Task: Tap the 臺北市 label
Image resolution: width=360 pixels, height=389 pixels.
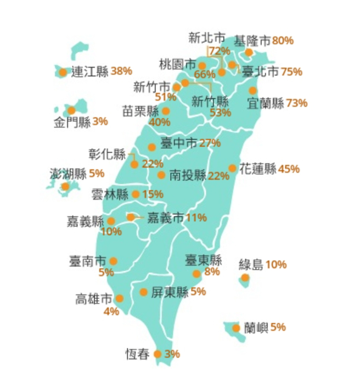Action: point(260,71)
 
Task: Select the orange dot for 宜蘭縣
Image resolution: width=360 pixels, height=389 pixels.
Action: point(252,91)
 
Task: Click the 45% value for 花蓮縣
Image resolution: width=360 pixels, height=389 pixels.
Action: point(289,169)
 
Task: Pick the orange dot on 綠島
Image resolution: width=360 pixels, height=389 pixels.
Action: point(245,277)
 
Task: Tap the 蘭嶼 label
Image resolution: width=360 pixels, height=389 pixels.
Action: point(256,328)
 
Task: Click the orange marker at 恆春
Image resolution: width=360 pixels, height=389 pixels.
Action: point(158,354)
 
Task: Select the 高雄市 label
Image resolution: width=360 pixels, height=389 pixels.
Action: point(94,299)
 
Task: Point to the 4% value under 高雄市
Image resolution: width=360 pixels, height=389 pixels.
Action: point(111,312)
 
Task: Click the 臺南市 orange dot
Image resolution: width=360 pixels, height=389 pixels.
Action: point(114,261)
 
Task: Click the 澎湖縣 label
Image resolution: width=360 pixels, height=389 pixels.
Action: point(68,174)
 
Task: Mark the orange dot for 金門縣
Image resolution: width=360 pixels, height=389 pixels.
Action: point(71,110)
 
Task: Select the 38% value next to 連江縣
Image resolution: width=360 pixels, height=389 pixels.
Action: point(121,71)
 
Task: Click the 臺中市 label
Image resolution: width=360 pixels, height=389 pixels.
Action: point(178,143)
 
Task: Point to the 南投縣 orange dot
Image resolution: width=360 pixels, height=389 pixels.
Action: point(161,175)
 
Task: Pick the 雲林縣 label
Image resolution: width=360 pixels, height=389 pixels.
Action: point(110,194)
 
